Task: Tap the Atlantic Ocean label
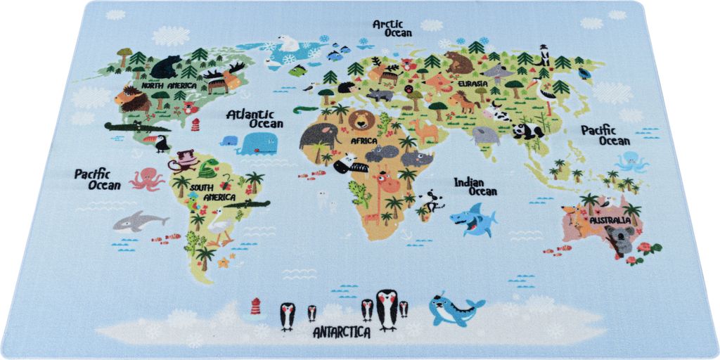click(x=255, y=118)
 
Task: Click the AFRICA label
click(x=364, y=141)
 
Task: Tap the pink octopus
click(x=146, y=178)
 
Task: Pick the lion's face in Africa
click(x=362, y=120)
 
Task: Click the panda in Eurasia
click(x=527, y=131)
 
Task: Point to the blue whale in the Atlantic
click(x=252, y=144)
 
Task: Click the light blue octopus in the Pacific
click(x=631, y=162)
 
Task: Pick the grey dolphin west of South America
click(x=139, y=221)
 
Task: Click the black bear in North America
click(x=166, y=67)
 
